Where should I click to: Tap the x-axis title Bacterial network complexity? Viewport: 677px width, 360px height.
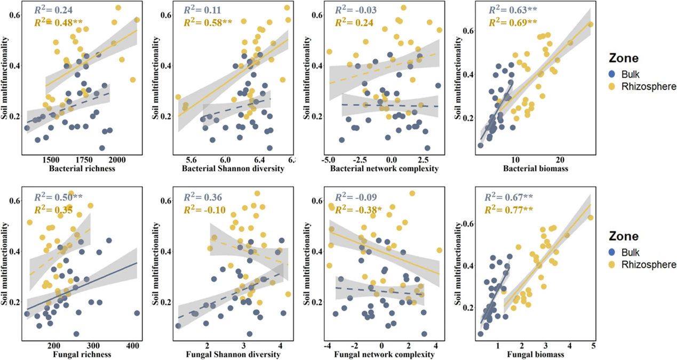[384, 169]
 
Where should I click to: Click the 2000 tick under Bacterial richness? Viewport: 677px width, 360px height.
[117, 159]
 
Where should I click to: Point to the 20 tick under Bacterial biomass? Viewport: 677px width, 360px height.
[560, 159]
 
